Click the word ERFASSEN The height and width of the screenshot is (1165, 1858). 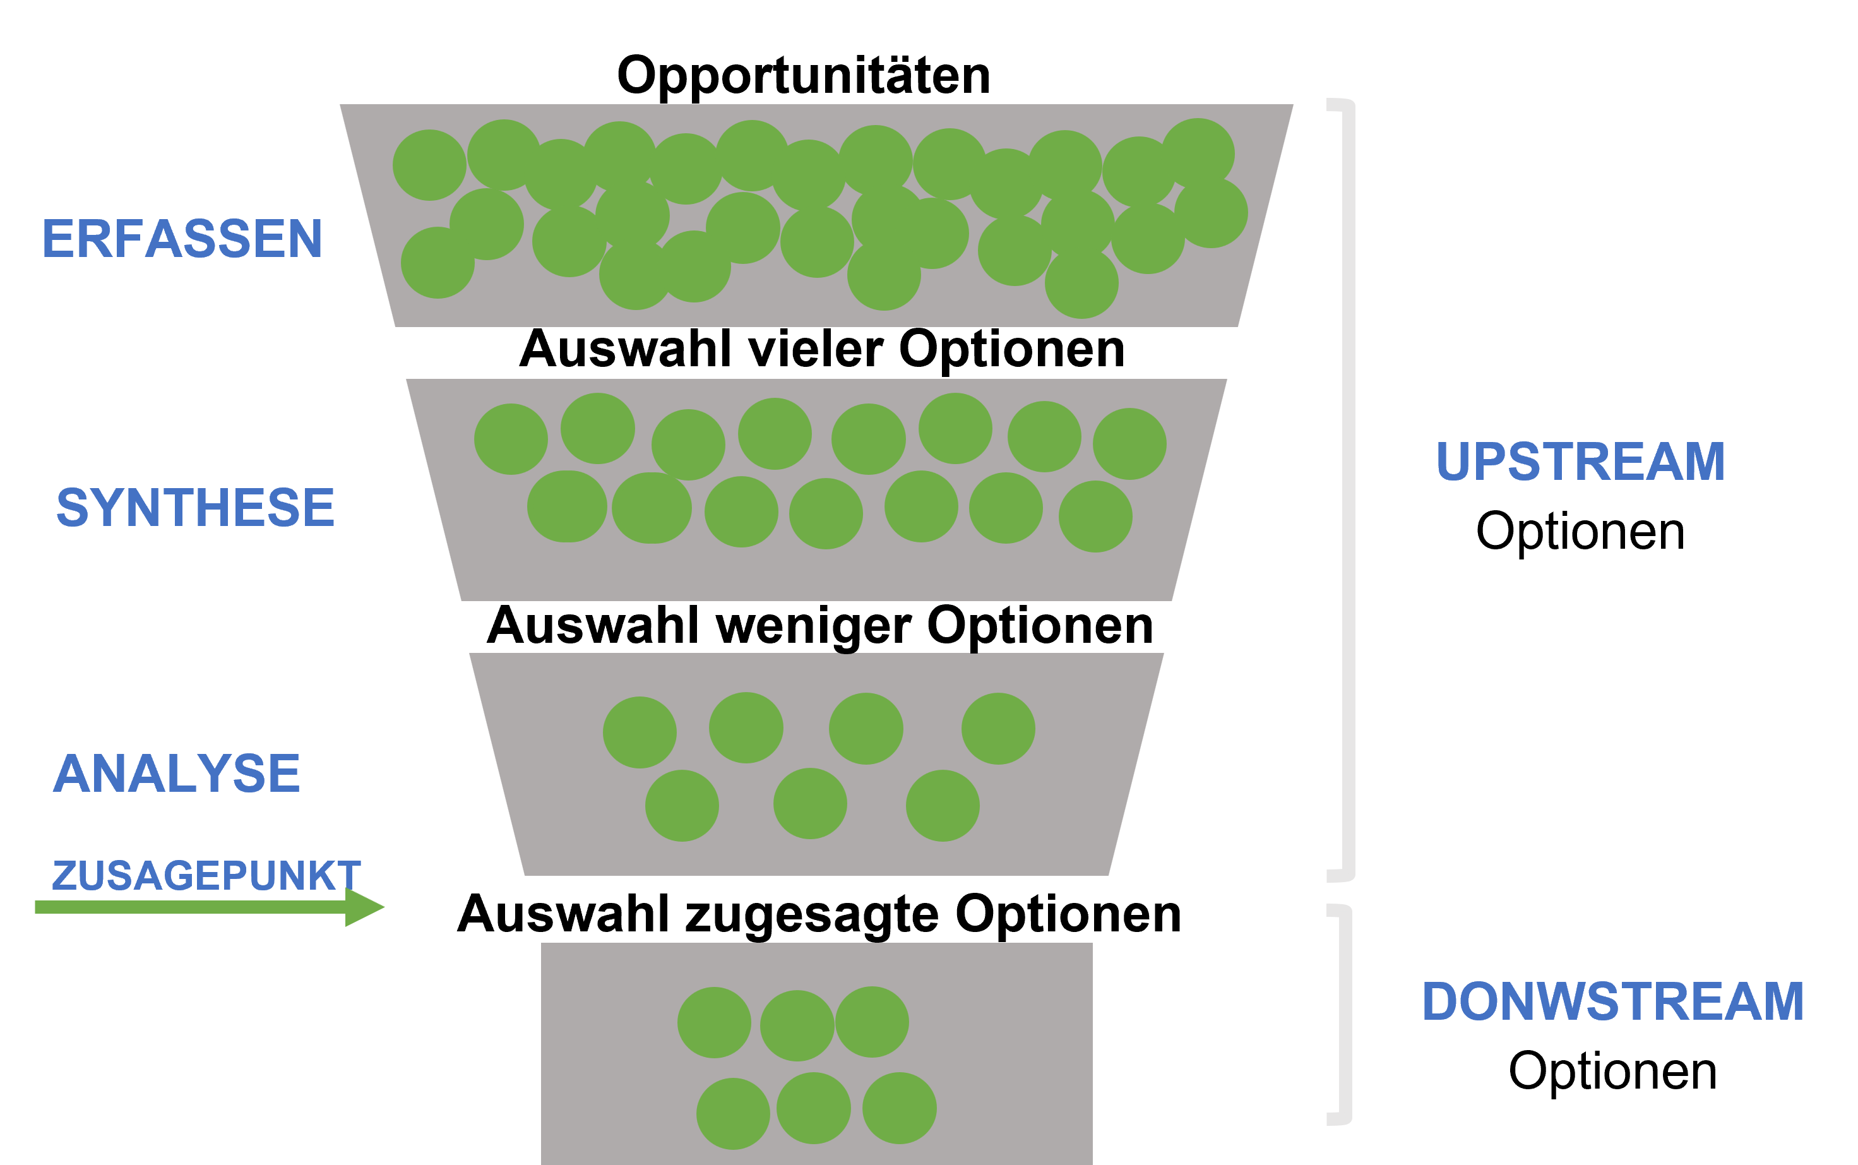[182, 238]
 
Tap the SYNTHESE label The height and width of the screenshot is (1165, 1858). [195, 507]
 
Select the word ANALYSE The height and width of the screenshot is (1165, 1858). [176, 774]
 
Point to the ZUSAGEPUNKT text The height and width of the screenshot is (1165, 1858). [206, 876]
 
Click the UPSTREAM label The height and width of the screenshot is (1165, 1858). [1580, 462]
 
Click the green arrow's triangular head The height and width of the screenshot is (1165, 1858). [364, 907]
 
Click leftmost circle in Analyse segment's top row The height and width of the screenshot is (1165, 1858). [640, 732]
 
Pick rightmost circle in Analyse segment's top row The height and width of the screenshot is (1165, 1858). [997, 729]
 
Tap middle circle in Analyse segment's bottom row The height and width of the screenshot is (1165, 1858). [809, 804]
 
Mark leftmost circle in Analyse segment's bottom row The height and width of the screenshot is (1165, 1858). [682, 806]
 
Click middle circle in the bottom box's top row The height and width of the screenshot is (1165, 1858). [797, 1025]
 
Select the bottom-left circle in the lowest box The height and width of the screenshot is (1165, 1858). [732, 1113]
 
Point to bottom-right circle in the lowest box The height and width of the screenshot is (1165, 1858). [899, 1108]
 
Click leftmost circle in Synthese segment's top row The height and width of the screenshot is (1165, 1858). [511, 439]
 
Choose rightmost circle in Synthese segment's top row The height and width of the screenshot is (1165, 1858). [1129, 444]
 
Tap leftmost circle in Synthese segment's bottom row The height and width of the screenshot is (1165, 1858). [567, 506]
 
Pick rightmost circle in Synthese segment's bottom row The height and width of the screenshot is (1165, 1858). [1095, 517]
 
